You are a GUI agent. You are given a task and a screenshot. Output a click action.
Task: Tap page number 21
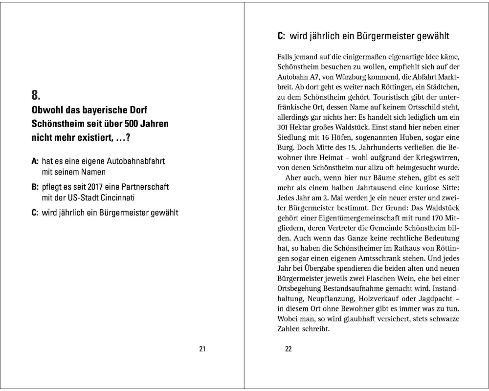202,348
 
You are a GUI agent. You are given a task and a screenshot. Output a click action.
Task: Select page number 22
288,348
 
